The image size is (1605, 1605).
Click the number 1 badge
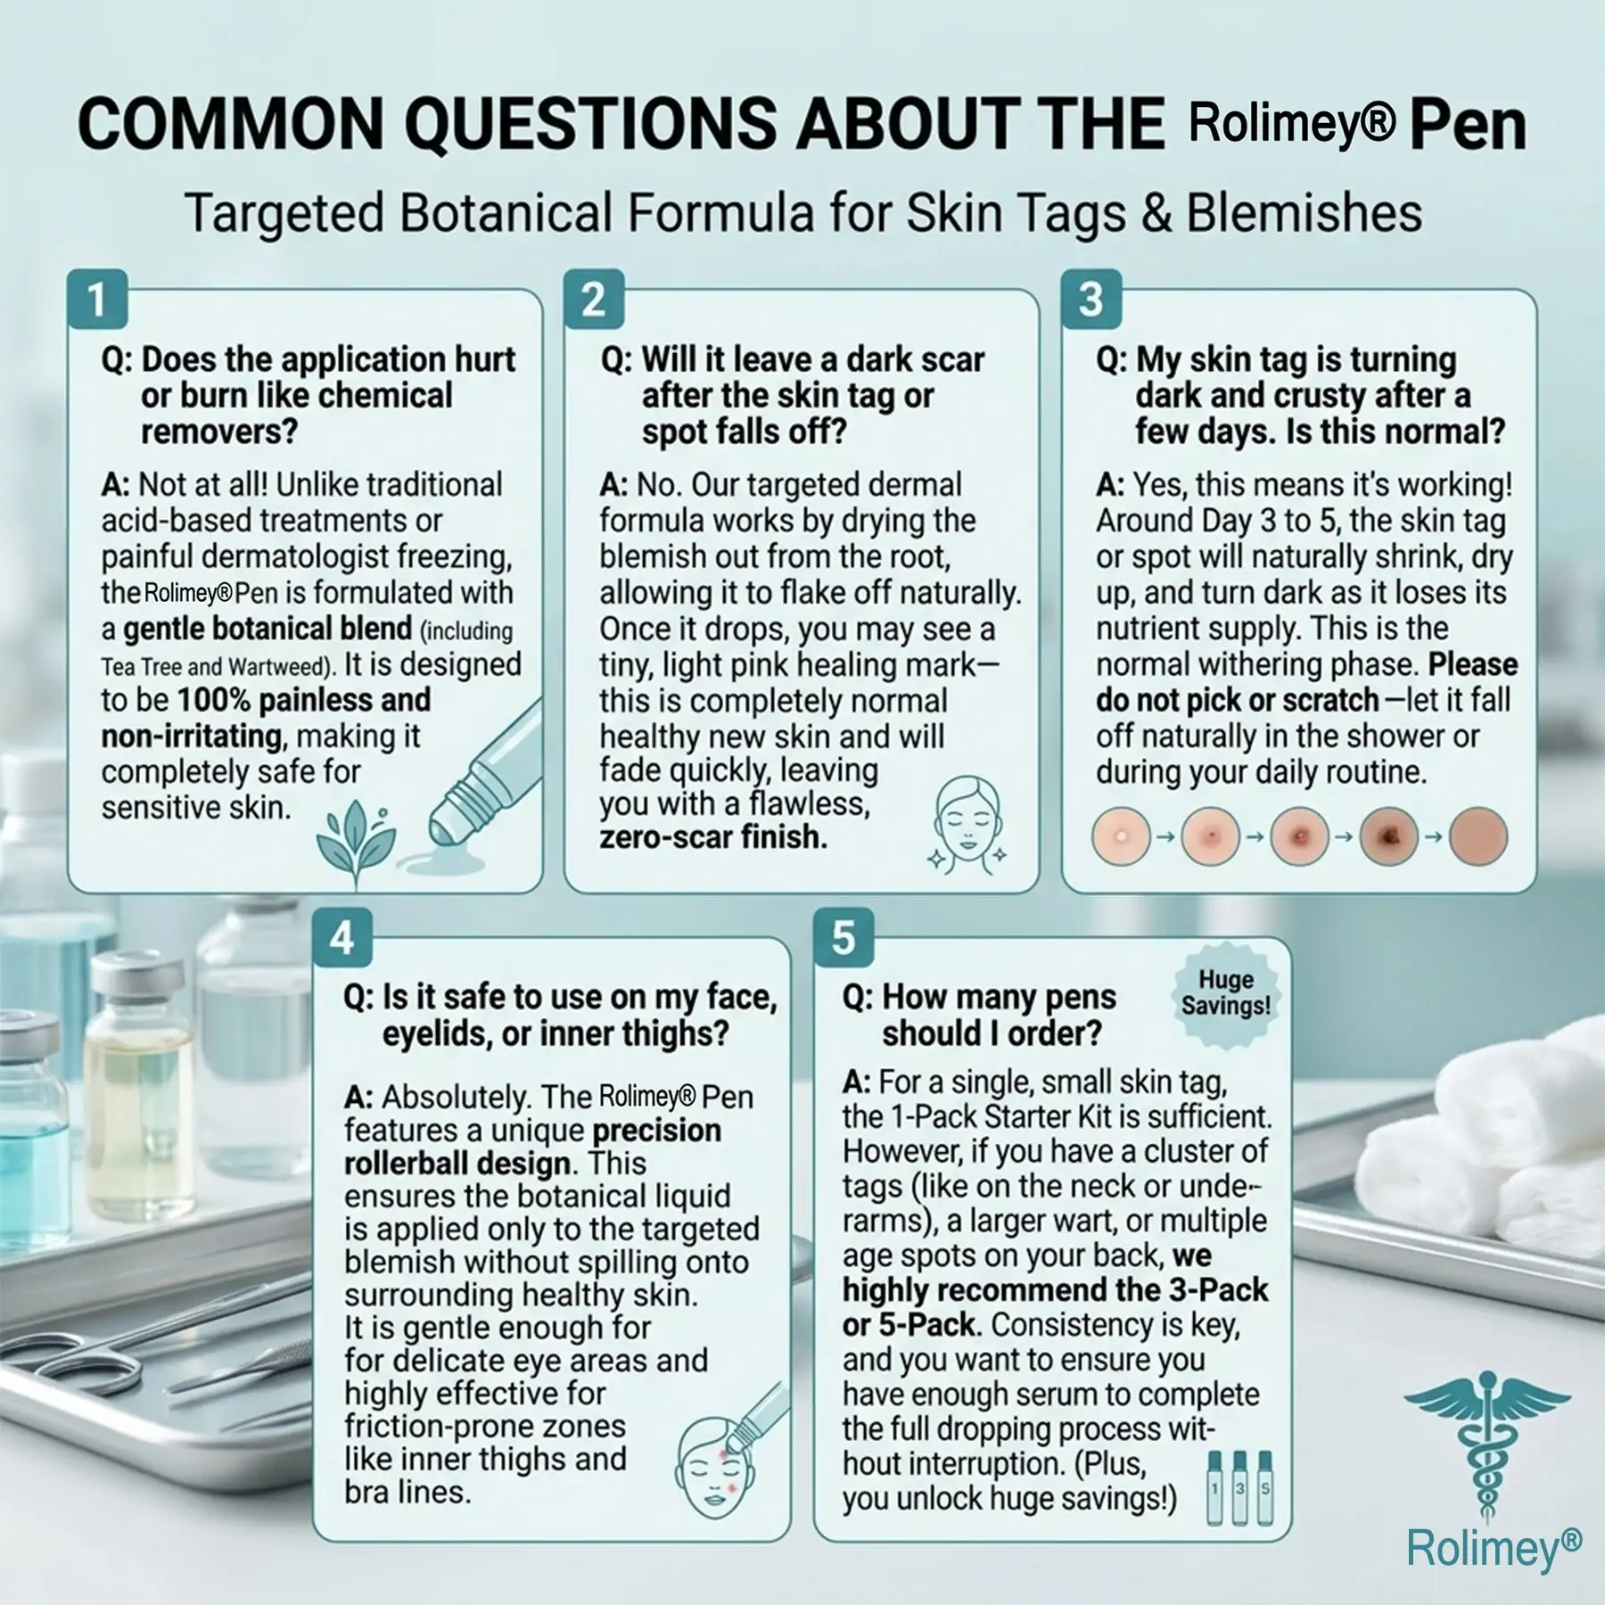[x=97, y=300]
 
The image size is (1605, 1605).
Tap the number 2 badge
[x=594, y=300]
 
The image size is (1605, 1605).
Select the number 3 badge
[x=1091, y=300]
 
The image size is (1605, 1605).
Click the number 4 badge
[x=342, y=939]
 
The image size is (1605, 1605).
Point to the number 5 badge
[x=843, y=939]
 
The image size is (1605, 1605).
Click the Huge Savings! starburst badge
[x=1226, y=992]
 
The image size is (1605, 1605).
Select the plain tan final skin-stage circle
[x=1478, y=836]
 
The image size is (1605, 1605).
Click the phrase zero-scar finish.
[x=713, y=836]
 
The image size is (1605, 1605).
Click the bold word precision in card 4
[x=657, y=1131]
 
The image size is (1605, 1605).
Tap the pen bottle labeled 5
[x=1265, y=1488]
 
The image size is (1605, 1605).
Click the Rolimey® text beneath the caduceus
[x=1494, y=1549]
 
